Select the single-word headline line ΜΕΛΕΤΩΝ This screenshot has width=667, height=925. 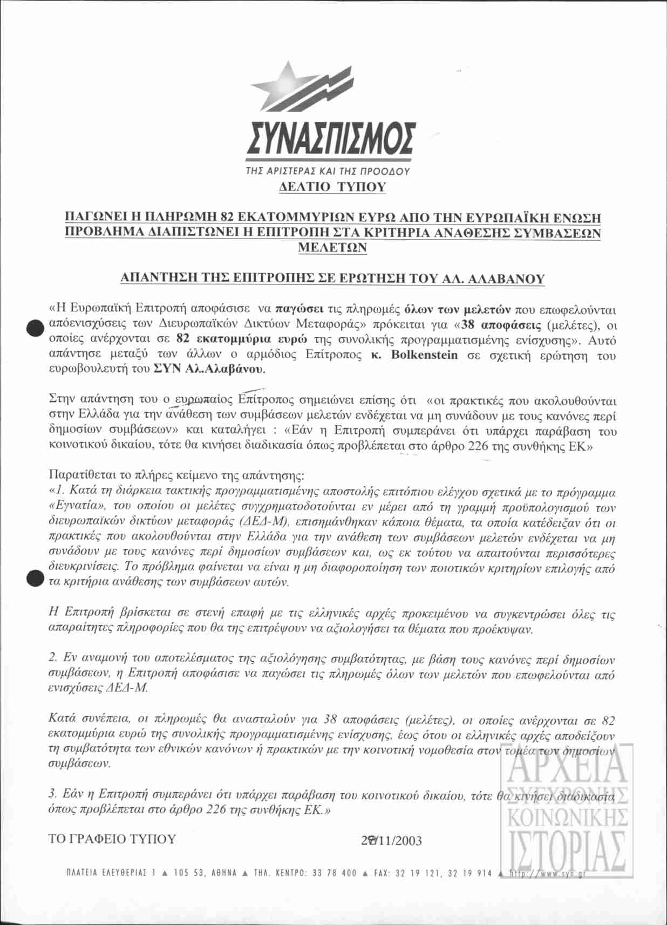coord(332,247)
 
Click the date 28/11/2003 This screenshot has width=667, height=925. coord(391,841)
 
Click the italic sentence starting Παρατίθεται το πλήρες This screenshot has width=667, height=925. coord(176,476)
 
